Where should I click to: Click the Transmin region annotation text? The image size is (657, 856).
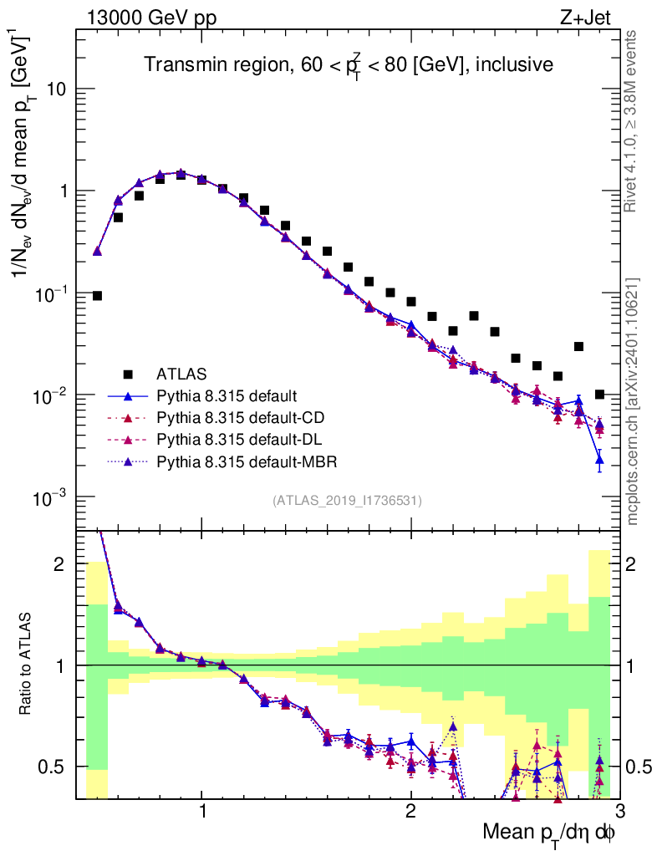pyautogui.click(x=348, y=64)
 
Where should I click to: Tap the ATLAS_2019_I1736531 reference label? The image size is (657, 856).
pyautogui.click(x=347, y=501)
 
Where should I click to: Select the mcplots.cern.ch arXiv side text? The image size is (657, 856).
pyautogui.click(x=634, y=401)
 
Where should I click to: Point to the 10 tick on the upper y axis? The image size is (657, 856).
pyautogui.click(x=58, y=89)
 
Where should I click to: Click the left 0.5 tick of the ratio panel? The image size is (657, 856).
pyautogui.click(x=55, y=767)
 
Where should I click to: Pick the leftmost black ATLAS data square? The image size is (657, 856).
pyautogui.click(x=97, y=296)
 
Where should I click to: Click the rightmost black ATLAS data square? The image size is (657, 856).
pyautogui.click(x=599, y=395)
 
